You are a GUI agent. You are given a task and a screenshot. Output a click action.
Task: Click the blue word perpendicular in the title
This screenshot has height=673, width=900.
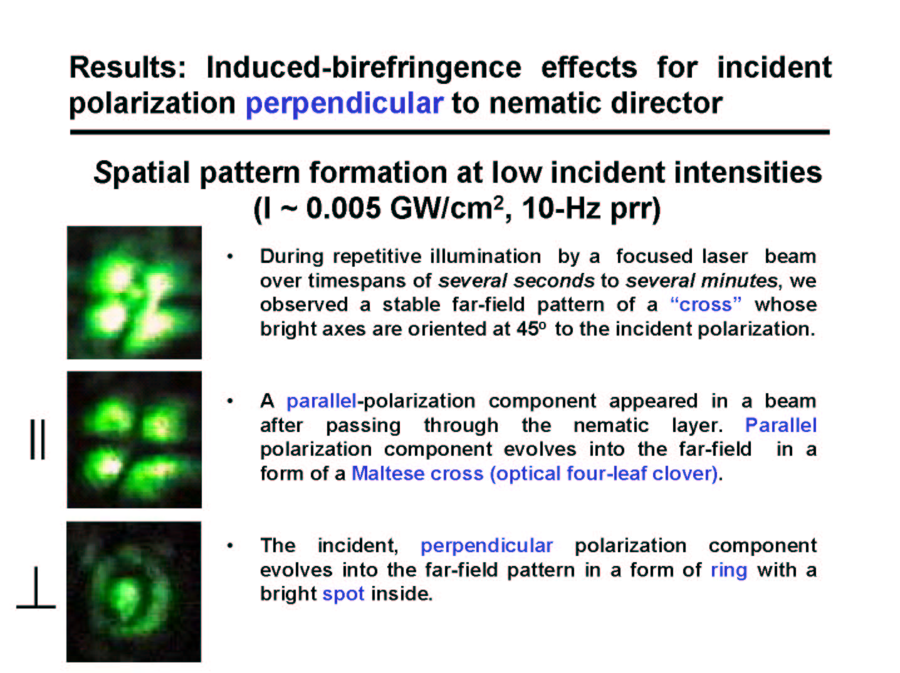click(344, 104)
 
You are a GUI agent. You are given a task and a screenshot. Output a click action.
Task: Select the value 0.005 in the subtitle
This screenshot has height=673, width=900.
click(343, 208)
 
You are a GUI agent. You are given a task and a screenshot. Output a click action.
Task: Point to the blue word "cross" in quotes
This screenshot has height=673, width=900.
click(706, 304)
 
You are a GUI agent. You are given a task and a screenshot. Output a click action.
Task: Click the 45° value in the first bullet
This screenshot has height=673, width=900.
click(532, 329)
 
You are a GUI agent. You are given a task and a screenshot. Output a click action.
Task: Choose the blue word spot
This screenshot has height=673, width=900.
click(343, 594)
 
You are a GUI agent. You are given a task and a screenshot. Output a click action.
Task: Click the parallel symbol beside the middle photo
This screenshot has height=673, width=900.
click(38, 439)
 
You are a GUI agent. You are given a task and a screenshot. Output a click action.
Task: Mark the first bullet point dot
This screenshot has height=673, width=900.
click(230, 257)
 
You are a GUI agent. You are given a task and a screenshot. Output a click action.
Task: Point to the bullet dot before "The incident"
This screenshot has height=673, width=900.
click(230, 546)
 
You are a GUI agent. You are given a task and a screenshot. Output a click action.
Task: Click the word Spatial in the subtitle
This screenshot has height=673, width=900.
click(142, 173)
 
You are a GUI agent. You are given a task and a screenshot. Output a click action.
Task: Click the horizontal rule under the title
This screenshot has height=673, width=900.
click(450, 132)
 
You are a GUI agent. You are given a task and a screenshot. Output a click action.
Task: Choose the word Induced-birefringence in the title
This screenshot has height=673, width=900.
click(364, 68)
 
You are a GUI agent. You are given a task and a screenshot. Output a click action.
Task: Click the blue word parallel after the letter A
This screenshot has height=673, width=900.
click(322, 401)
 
